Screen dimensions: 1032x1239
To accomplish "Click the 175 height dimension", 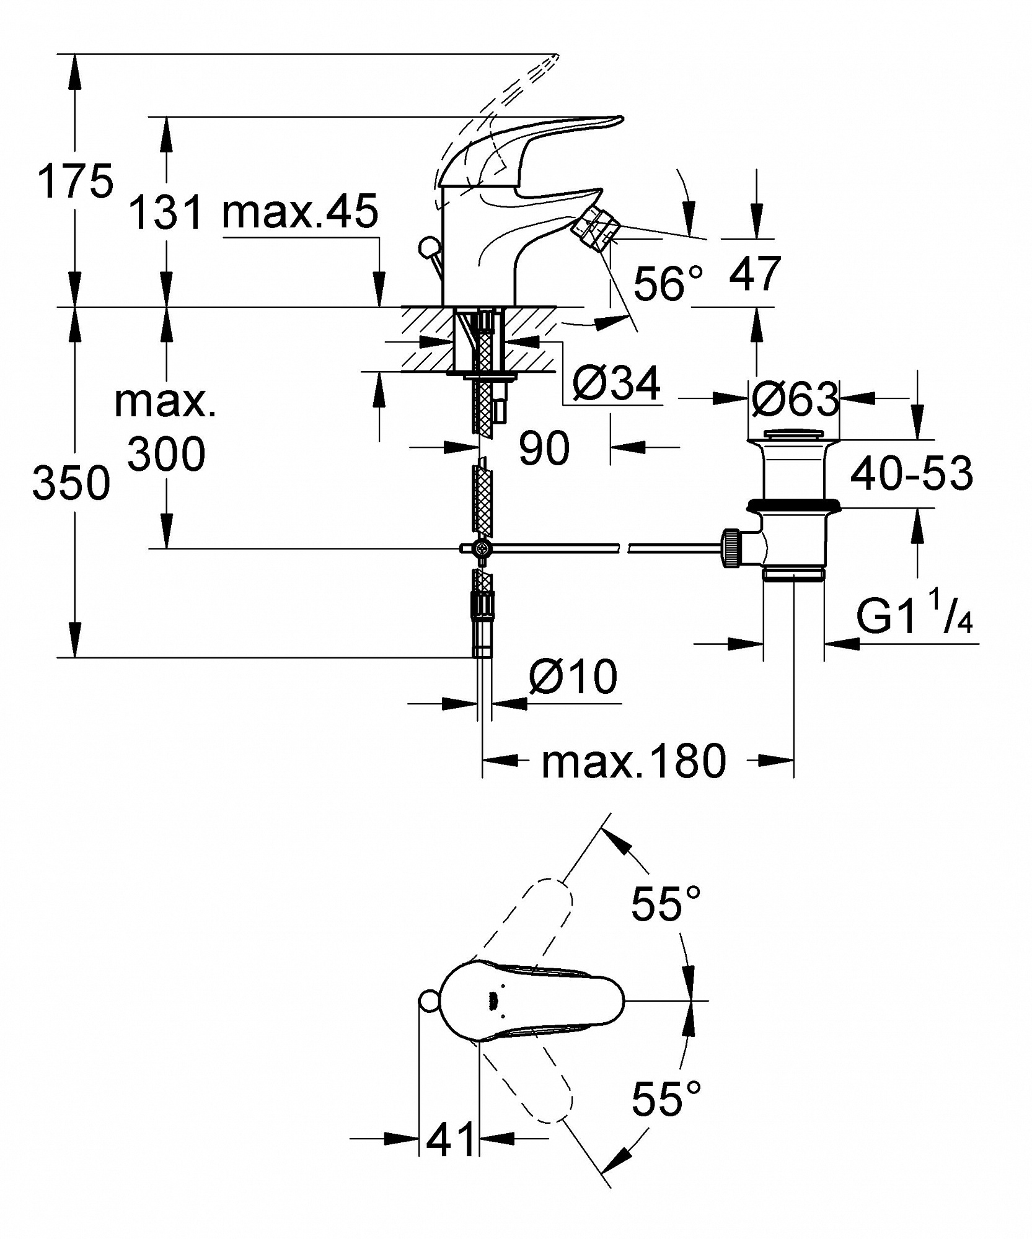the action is point(76,182).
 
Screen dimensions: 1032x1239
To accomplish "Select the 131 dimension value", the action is point(166,212).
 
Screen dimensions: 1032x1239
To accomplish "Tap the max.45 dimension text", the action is point(301,211).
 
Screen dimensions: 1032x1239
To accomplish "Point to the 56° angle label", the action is point(669,284).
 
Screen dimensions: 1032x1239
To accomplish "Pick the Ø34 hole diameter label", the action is point(617,384).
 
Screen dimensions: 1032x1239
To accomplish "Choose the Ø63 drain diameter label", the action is point(795,399).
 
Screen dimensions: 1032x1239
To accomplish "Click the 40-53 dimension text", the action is point(912,473).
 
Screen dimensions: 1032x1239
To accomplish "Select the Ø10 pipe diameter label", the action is point(573,676).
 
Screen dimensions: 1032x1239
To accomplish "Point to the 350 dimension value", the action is point(71,483).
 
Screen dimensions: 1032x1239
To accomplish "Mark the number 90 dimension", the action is point(544,449).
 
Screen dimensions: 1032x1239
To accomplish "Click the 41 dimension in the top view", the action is point(450,1138).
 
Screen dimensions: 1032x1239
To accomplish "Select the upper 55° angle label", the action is point(666,903).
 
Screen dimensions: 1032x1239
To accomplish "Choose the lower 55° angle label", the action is point(666,1098).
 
